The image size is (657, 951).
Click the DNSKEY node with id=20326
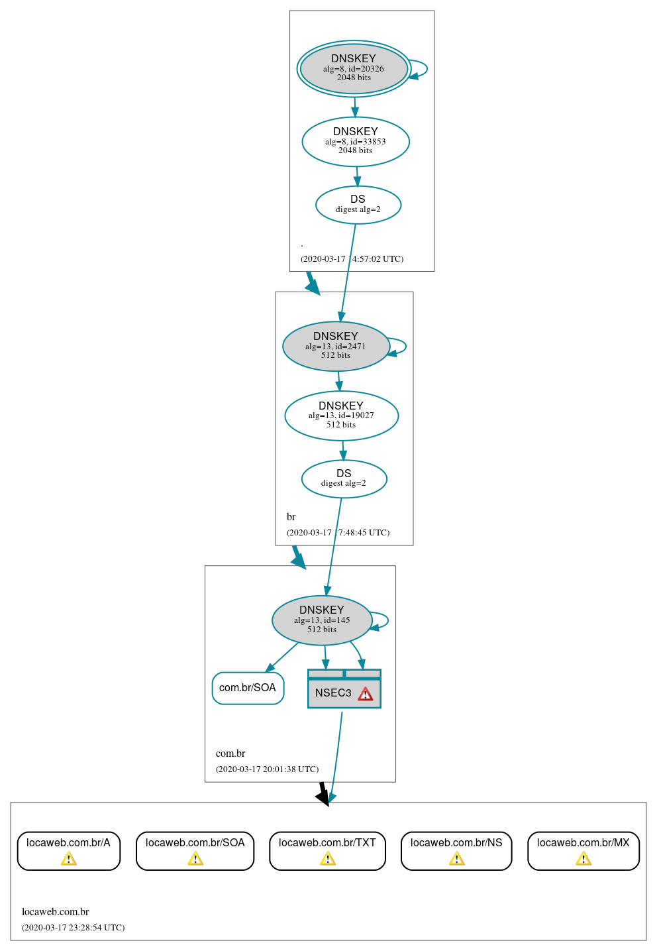tap(354, 68)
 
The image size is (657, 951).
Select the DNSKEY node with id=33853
tap(356, 141)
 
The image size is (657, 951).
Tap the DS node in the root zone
tap(358, 205)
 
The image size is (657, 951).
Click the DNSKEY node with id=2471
tap(336, 346)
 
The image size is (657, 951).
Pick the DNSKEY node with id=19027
tap(341, 416)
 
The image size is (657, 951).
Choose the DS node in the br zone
tap(344, 478)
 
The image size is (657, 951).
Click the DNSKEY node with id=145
tap(322, 620)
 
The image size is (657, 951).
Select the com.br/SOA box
tap(248, 688)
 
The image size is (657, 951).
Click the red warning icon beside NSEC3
tap(366, 694)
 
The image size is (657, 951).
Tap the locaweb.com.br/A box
tap(69, 850)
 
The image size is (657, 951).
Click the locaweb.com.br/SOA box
tap(195, 850)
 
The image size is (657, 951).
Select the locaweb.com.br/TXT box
tap(327, 850)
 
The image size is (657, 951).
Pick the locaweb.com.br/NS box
tap(456, 850)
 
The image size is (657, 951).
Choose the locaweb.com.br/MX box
tap(583, 850)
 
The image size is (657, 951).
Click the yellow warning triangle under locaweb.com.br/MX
tap(583, 859)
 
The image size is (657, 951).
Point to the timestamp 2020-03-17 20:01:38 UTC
tap(267, 769)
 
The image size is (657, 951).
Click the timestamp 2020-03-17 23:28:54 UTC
tap(73, 928)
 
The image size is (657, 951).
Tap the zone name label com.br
tap(230, 754)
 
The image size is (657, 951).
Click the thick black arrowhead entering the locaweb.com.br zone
tap(323, 797)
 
